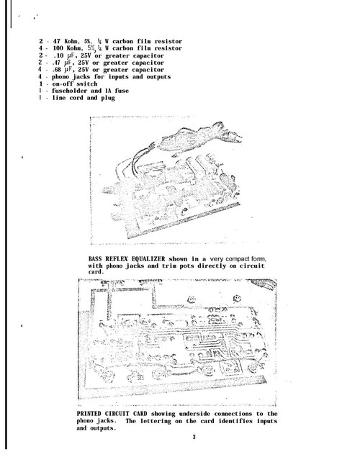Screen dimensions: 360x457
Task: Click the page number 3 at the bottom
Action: click(194, 437)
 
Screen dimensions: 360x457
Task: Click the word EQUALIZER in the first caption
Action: click(148, 259)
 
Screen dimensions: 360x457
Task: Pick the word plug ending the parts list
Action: click(108, 98)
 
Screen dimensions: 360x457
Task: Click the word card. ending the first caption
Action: click(96, 272)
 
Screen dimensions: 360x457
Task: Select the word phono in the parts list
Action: click(60, 77)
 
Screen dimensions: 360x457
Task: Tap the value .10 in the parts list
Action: click(58, 55)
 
